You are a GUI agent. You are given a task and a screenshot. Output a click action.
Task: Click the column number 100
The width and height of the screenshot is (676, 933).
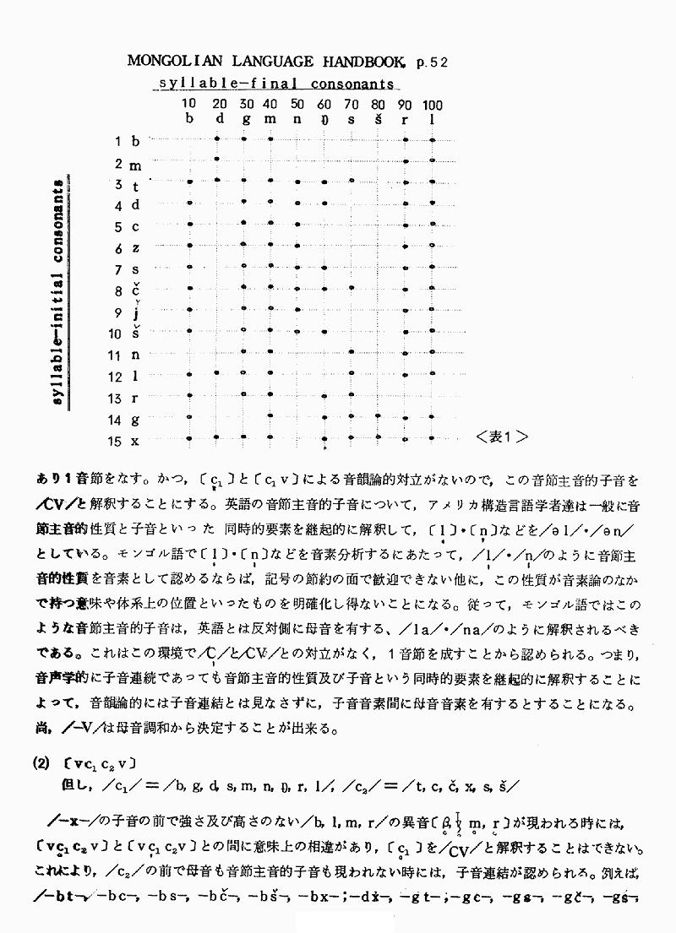pyautogui.click(x=433, y=105)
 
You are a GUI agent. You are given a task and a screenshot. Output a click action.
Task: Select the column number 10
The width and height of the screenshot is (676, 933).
pyautogui.click(x=190, y=105)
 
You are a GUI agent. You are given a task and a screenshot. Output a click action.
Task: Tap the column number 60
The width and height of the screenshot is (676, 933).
pyautogui.click(x=324, y=105)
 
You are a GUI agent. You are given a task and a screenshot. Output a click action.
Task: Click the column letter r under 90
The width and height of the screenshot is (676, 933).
pyautogui.click(x=406, y=119)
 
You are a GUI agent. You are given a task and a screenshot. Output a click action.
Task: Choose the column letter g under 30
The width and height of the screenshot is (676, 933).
pyautogui.click(x=244, y=121)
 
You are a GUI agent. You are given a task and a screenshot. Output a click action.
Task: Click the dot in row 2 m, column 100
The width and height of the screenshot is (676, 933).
pyautogui.click(x=433, y=160)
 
